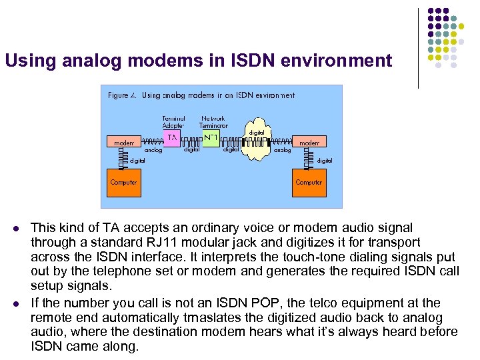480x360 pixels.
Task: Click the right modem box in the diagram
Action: (309, 143)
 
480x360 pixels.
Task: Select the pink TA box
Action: (172, 137)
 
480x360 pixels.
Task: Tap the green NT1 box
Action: (211, 137)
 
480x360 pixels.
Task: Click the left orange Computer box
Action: (123, 182)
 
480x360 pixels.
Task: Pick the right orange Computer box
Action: (309, 182)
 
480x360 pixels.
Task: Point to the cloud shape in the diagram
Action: (256, 143)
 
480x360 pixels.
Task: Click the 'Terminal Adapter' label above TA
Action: (173, 121)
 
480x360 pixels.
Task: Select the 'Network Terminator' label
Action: (213, 121)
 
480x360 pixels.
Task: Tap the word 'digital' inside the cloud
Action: (257, 133)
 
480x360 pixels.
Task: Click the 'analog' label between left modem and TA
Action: (153, 151)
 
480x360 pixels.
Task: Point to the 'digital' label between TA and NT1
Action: (191, 150)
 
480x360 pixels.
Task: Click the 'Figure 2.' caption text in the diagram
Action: (123, 95)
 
